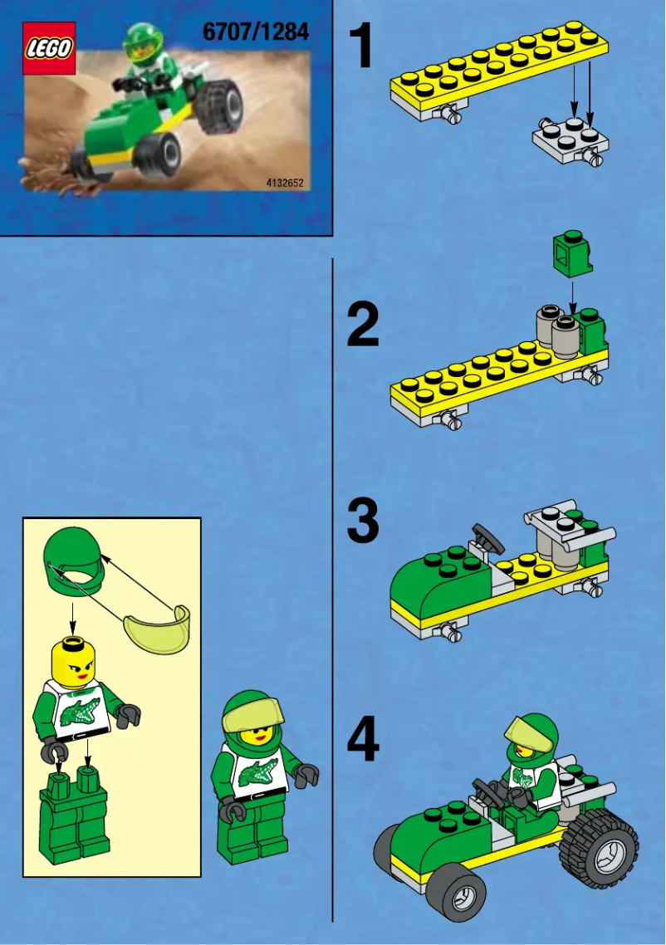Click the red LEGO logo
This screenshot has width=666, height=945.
(48, 49)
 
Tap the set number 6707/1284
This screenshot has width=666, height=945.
(255, 32)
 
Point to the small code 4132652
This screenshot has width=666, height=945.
(284, 181)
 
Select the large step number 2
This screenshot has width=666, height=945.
(363, 326)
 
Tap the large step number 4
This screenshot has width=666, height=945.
(363, 742)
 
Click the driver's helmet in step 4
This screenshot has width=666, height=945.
(531, 735)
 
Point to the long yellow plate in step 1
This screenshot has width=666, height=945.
(498, 75)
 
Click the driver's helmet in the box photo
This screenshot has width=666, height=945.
(139, 41)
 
